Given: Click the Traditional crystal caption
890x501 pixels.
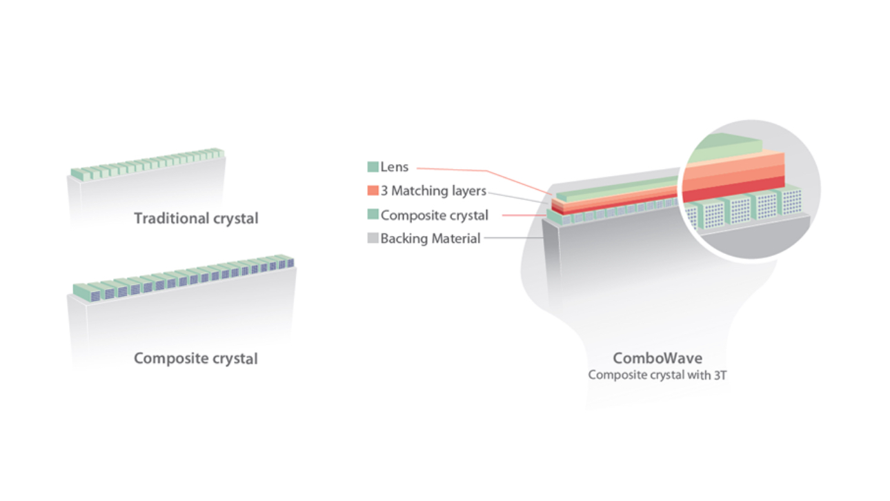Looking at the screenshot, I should [196, 219].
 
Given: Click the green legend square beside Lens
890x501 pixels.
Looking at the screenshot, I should [373, 167].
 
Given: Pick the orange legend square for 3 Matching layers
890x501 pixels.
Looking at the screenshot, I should [373, 191].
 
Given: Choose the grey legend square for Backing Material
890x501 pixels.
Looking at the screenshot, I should [373, 239].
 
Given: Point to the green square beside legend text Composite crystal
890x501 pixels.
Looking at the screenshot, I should [373, 215].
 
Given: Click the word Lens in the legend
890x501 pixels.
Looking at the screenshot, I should [395, 167].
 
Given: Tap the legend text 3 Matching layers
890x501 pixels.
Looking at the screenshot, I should [434, 191].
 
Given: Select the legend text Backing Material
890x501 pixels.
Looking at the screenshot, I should [431, 239].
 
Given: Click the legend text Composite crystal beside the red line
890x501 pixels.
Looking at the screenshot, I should [435, 215].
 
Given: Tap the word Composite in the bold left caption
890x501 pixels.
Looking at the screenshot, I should [168, 359].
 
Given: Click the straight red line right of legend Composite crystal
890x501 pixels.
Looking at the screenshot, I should [524, 215].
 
